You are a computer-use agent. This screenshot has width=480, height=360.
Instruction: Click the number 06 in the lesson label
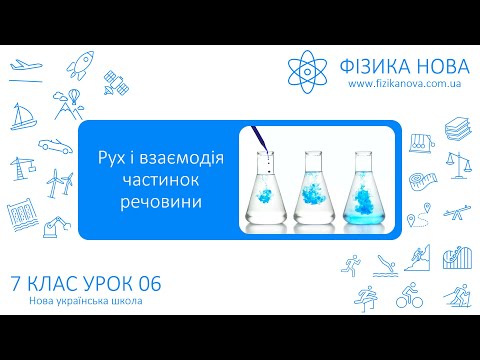[146, 285]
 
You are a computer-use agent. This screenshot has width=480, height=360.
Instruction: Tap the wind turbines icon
[57, 182]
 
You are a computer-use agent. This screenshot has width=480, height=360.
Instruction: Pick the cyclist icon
[409, 295]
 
